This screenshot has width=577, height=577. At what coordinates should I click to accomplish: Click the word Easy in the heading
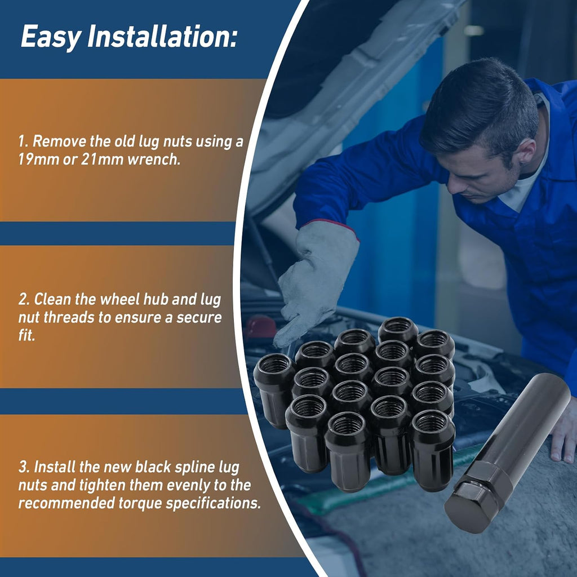[51, 37]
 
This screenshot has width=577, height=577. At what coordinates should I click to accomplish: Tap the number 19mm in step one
[39, 159]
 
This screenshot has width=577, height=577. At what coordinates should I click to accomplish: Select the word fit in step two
[26, 335]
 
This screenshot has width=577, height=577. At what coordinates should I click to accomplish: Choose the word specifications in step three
[214, 503]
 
